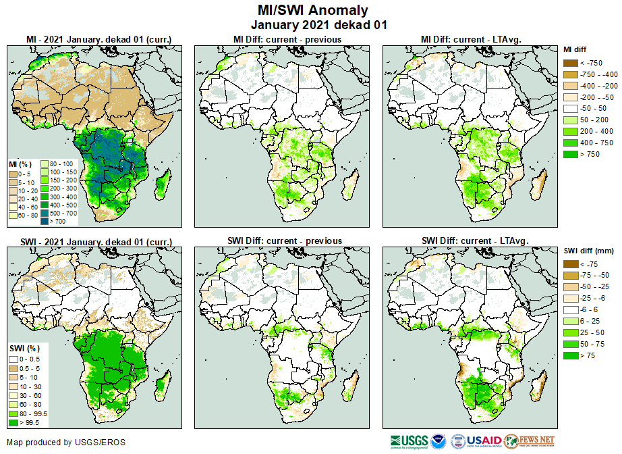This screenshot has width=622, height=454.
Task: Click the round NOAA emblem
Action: (x=439, y=442)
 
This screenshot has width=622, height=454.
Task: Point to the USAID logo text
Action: (x=480, y=442)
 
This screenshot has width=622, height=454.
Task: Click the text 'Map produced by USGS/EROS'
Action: (x=65, y=443)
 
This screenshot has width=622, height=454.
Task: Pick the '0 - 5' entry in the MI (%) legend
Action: (x=13, y=174)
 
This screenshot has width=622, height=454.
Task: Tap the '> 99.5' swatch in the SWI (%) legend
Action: (x=13, y=422)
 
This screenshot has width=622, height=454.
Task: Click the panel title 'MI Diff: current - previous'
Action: (x=287, y=40)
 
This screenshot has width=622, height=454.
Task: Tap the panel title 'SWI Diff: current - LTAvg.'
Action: (x=474, y=241)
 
